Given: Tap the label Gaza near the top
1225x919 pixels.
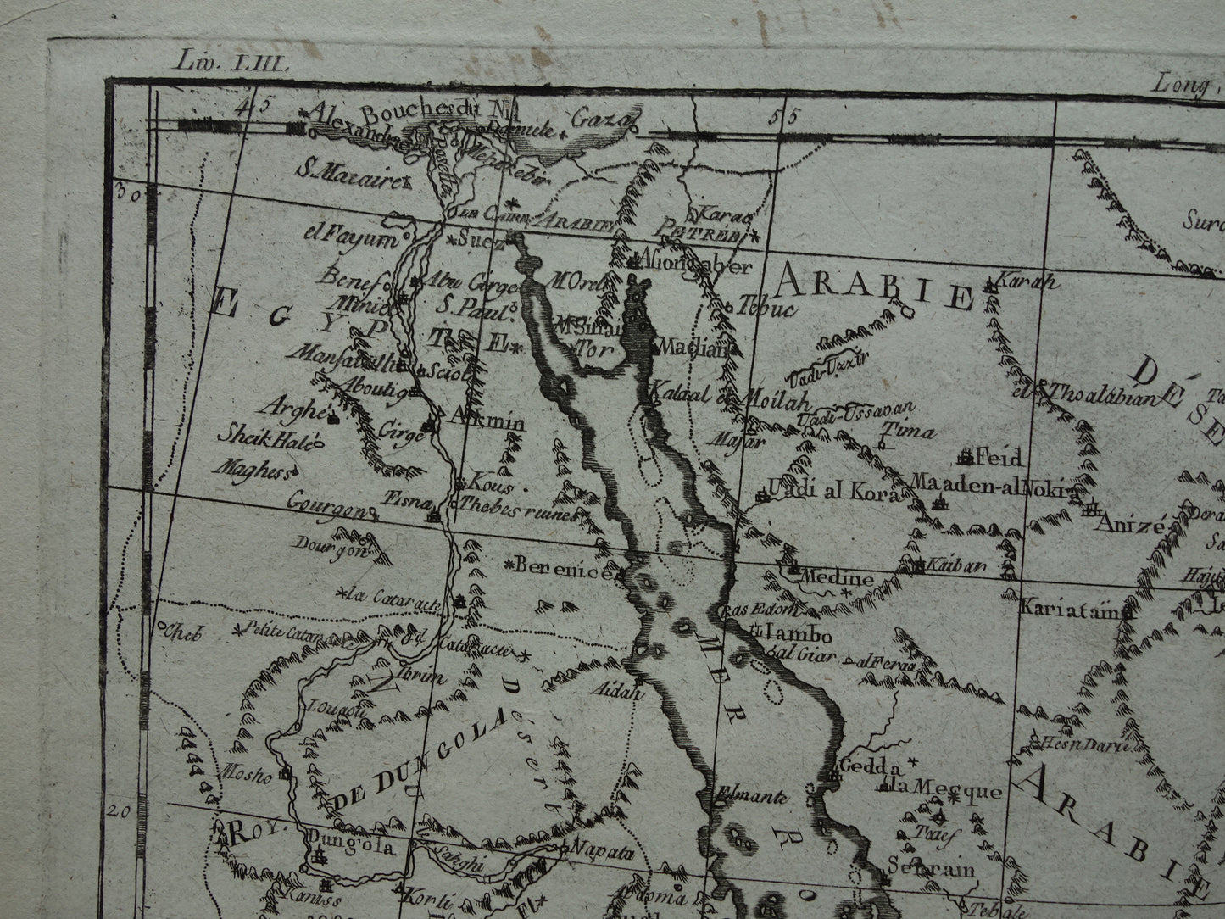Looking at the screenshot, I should click(x=601, y=120).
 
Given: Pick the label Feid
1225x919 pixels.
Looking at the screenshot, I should click(x=999, y=459).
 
